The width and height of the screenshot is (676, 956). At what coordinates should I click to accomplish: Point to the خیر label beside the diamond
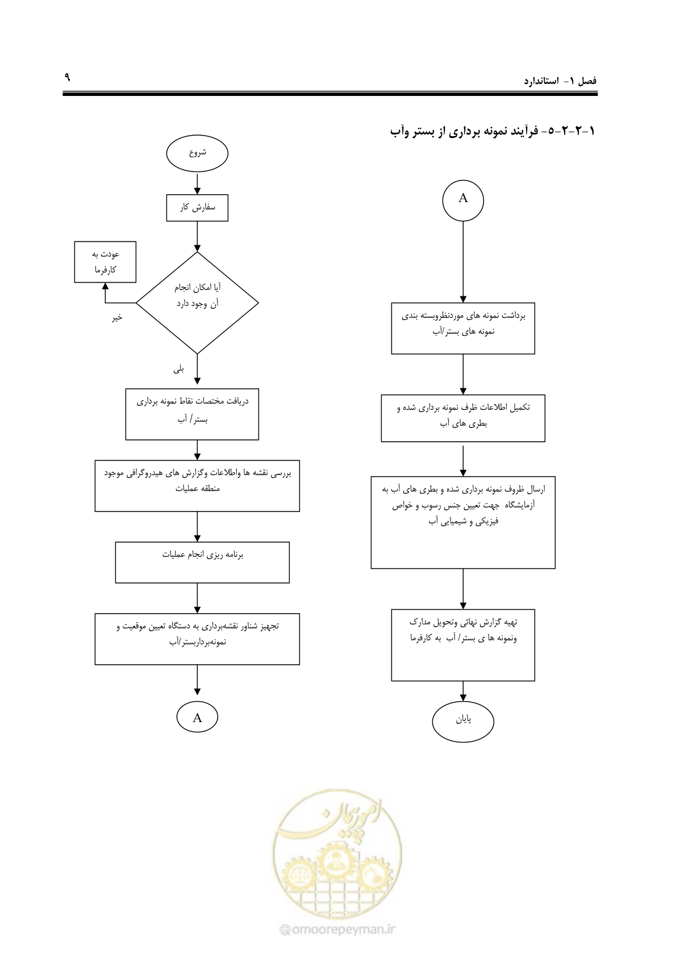tap(117, 317)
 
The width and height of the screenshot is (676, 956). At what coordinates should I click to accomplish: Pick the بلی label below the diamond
tap(178, 369)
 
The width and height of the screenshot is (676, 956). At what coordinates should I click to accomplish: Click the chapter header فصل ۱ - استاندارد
tap(560, 81)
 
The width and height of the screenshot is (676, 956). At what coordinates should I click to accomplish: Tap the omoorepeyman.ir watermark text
tap(337, 929)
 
